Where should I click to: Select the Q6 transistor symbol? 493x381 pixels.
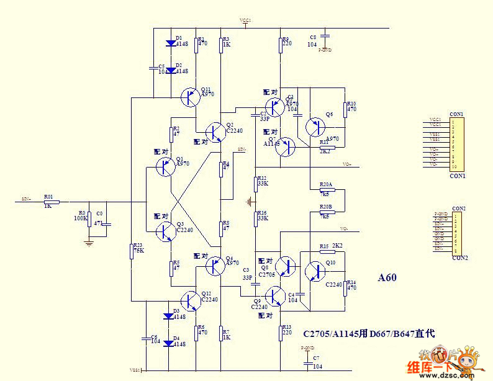[315, 127]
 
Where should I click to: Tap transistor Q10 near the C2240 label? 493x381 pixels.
[315, 271]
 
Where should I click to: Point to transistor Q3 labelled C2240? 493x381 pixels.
[165, 231]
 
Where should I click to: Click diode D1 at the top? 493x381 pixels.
[170, 43]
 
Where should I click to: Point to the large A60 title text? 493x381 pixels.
[387, 279]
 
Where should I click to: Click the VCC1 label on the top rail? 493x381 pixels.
[245, 21]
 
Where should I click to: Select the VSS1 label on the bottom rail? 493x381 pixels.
[135, 370]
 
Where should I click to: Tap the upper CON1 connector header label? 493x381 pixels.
[456, 114]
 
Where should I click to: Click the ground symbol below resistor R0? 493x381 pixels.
[89, 243]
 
